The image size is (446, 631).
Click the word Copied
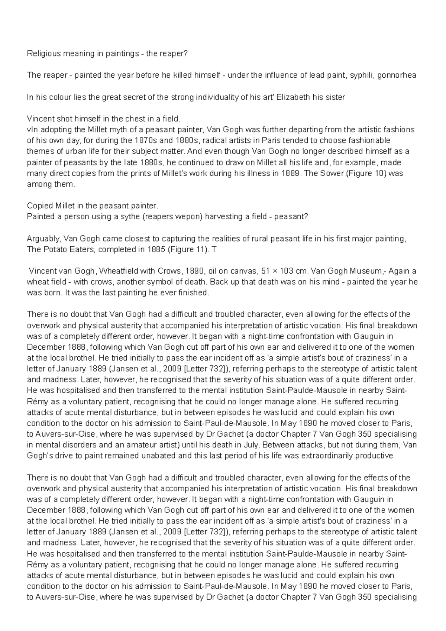(40, 206)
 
